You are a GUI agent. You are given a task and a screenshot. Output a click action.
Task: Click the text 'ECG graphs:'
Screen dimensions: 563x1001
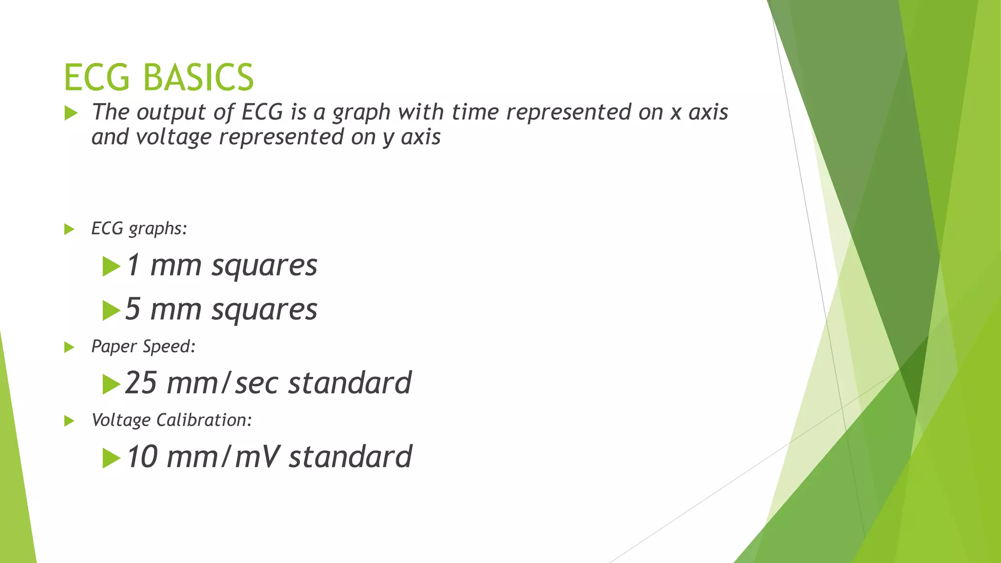pos(139,229)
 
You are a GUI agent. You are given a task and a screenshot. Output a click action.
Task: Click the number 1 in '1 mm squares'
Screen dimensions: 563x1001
pos(133,265)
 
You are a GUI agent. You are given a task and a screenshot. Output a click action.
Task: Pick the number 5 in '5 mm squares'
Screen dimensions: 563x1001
pos(133,309)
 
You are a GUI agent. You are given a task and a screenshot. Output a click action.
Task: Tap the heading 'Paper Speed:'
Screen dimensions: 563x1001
pos(143,347)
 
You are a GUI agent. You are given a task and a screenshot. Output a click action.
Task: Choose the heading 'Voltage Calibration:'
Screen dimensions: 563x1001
pos(171,420)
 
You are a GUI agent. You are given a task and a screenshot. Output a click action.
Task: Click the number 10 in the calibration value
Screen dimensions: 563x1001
pos(142,457)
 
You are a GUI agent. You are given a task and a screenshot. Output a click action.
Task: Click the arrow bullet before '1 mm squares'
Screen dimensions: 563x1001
pos(111,267)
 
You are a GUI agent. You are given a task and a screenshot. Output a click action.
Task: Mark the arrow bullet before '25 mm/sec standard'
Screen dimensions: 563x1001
pos(111,385)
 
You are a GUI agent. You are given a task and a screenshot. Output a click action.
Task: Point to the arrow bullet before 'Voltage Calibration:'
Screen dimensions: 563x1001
pos(69,421)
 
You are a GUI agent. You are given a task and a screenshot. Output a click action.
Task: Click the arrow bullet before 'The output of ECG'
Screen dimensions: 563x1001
pos(71,114)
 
